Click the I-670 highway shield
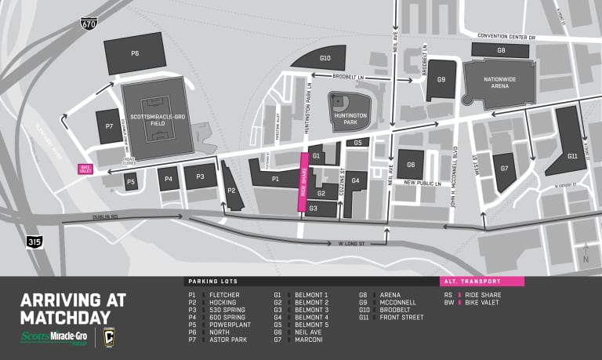89,24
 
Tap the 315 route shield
33,242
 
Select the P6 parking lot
134,53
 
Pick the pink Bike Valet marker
85,169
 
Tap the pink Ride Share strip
303,182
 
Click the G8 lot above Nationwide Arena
501,50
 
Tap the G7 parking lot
504,169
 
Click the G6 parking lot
410,165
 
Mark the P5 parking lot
131,182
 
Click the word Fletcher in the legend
225,295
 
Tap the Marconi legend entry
310,340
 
